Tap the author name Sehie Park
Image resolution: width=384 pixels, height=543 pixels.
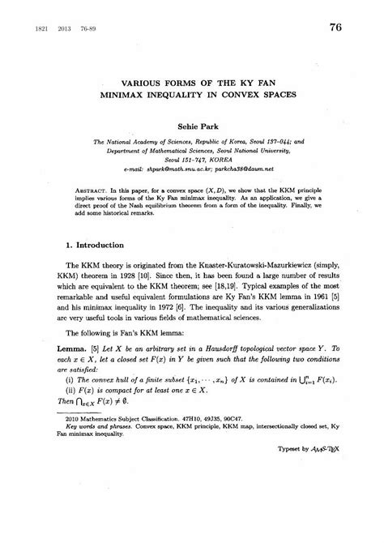point(192,127)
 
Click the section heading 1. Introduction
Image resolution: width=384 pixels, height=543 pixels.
point(94,266)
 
